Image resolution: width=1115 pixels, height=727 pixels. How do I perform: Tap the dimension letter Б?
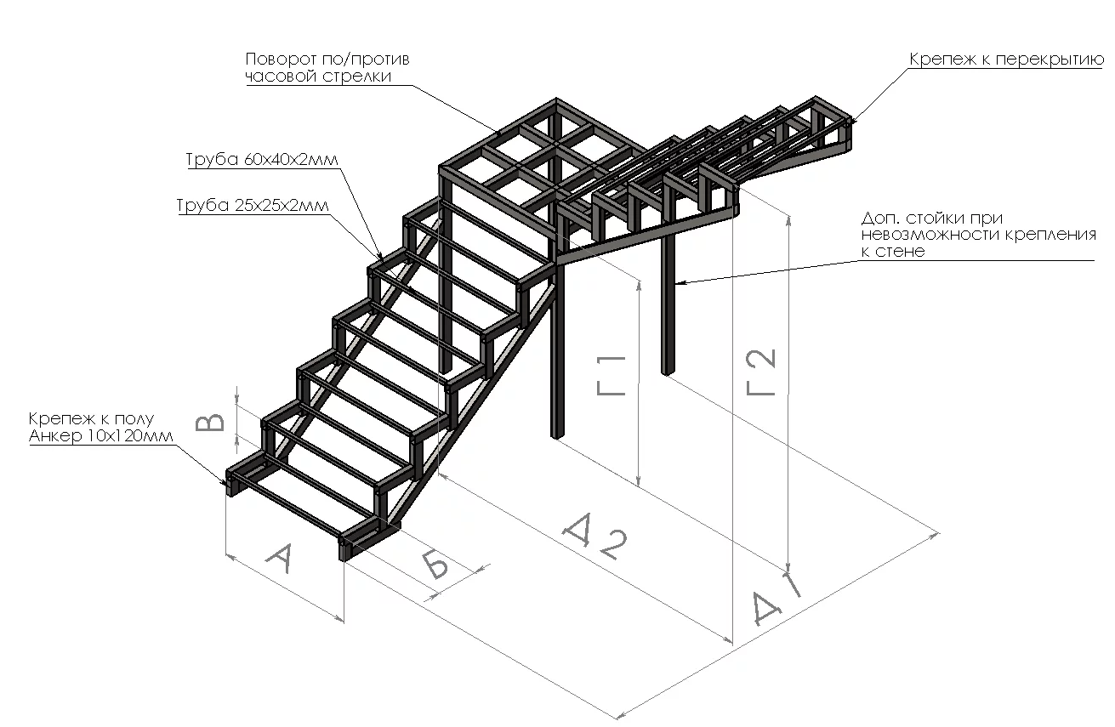(435, 564)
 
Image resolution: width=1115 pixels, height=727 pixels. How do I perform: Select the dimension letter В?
(210, 423)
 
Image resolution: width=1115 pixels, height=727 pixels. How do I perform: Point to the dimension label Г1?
(612, 374)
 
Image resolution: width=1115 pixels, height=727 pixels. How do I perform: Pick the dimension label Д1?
(775, 601)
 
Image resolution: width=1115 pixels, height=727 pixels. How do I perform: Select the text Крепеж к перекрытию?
(1006, 60)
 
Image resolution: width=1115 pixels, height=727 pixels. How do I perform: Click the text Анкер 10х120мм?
(100, 436)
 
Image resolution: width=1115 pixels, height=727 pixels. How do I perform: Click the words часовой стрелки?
(318, 76)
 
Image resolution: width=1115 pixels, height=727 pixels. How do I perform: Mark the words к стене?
(892, 252)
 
